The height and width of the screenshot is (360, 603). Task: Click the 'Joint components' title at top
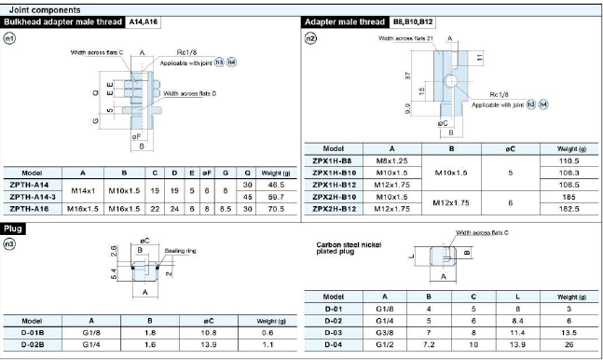tap(45, 10)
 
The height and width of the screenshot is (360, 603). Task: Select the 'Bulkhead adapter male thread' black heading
tap(63, 22)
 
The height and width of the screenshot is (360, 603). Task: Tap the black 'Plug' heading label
tap(13, 228)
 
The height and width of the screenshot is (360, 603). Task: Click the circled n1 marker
tap(9, 38)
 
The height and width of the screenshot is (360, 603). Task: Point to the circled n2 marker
tap(310, 38)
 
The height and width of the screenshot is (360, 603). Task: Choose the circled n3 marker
tap(9, 243)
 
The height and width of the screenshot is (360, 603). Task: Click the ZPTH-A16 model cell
tap(29, 209)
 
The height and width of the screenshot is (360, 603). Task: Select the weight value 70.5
tap(276, 209)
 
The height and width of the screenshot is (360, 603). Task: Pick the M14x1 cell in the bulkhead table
tap(83, 190)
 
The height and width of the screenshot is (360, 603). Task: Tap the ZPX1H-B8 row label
tap(332, 161)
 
